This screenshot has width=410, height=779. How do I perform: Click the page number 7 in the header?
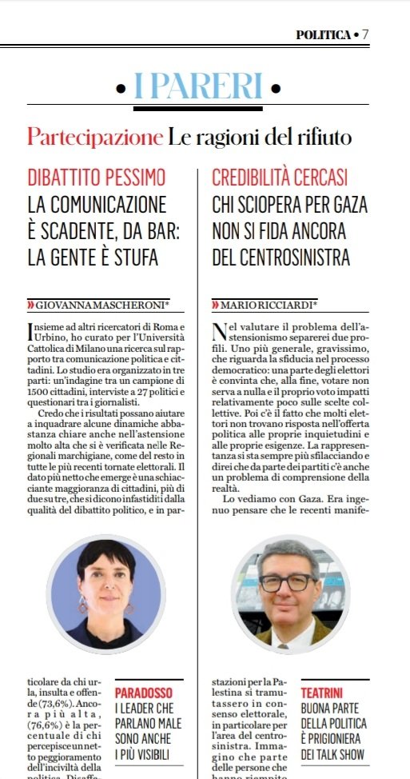tap(365, 34)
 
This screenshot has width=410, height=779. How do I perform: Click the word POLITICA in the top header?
tap(323, 34)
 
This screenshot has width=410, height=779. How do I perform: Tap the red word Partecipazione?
tap(94, 137)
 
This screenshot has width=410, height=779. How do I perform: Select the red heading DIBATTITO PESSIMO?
tap(97, 177)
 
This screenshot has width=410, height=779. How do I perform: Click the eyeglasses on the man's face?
tap(289, 582)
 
